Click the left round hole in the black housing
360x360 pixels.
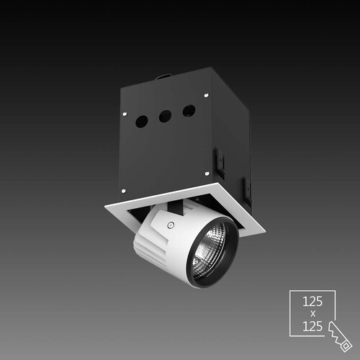[x=142, y=122]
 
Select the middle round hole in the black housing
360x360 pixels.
[x=165, y=117]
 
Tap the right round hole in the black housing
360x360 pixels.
[x=189, y=111]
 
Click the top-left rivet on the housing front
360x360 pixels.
[x=125, y=114]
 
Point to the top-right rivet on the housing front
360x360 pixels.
[x=206, y=95]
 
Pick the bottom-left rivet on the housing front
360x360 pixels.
[x=124, y=191]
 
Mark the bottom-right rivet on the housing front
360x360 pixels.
[x=207, y=173]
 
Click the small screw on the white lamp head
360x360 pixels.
[x=171, y=225]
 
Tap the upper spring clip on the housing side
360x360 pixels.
[x=220, y=162]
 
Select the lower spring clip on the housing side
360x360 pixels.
[x=247, y=189]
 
